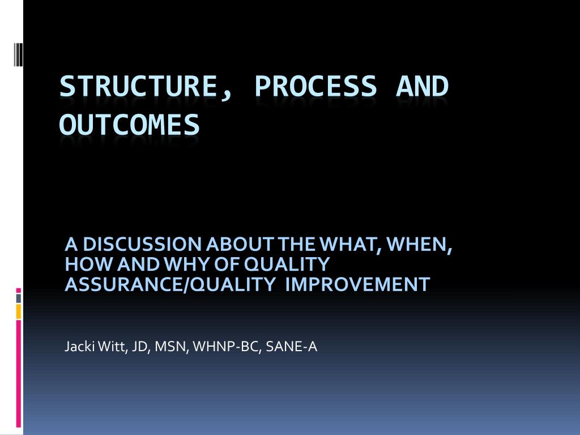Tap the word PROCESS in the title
[x=315, y=86]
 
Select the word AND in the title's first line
[x=422, y=86]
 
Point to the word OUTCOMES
[x=130, y=125]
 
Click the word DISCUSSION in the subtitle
[x=142, y=245]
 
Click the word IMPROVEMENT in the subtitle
[x=358, y=284]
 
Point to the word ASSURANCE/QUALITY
[x=170, y=284]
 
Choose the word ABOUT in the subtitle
[x=240, y=245]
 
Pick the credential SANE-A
[x=292, y=347]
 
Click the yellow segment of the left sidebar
[x=19, y=312]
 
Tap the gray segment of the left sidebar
[x=19, y=298]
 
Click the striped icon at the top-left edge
[x=19, y=54]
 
